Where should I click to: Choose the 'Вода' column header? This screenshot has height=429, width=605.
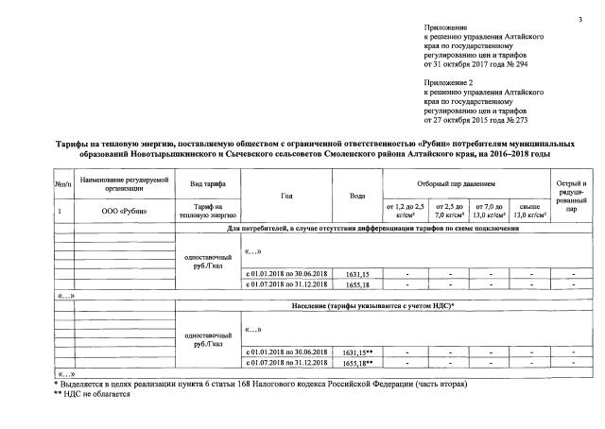[x=356, y=196]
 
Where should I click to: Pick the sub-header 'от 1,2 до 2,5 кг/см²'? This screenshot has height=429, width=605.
[x=404, y=210]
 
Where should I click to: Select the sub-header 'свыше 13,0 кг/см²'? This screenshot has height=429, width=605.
[x=530, y=210]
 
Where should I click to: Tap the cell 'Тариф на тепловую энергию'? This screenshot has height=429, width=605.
[x=206, y=210]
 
